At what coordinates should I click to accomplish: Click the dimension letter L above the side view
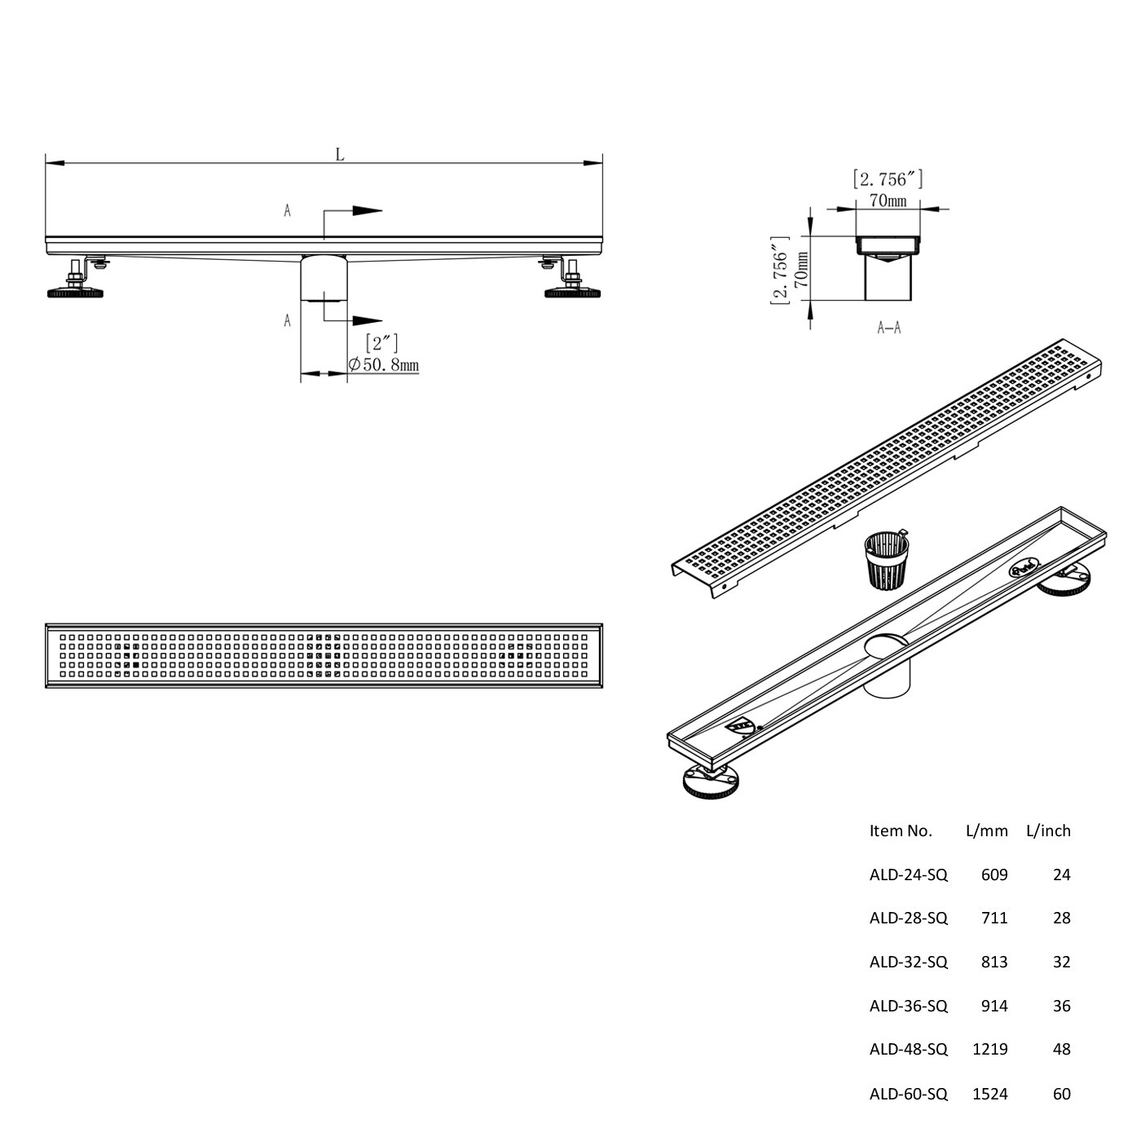tap(340, 155)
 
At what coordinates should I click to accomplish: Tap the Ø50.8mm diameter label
tap(384, 365)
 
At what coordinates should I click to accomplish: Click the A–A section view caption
tap(889, 328)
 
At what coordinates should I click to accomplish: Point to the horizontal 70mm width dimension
tap(888, 201)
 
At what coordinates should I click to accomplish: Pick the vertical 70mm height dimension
tap(801, 270)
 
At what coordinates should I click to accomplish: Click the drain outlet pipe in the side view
tap(324, 279)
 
